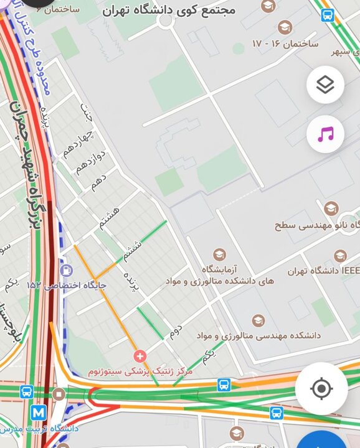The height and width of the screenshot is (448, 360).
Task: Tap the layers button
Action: pos(325,85)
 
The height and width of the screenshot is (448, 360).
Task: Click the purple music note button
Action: pos(325,134)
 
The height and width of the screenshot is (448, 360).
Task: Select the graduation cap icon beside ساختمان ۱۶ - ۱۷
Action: pos(285,27)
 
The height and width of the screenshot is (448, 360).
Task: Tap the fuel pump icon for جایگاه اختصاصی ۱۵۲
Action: pos(67,270)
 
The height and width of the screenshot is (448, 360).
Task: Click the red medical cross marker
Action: pos(140,356)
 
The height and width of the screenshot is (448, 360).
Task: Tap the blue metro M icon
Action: pos(39,412)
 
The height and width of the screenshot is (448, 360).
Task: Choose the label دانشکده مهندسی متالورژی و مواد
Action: pos(258,335)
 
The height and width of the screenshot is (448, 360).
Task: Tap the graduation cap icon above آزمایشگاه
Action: pos(219,254)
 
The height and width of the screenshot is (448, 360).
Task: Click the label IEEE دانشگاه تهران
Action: pos(324,271)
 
